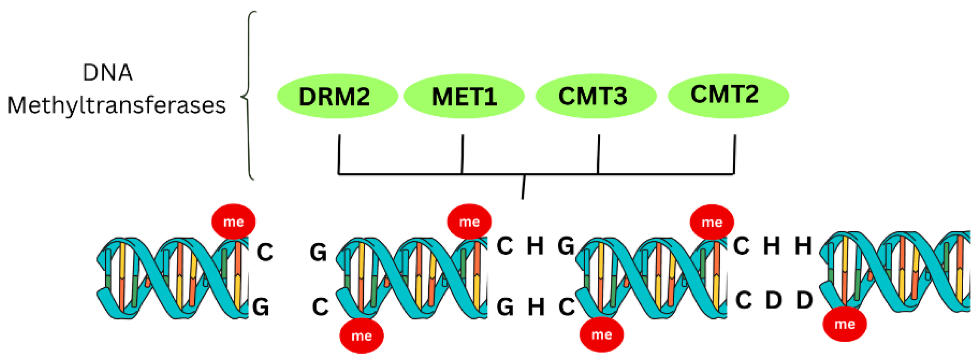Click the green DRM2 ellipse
(x=337, y=96)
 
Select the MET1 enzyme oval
(x=464, y=96)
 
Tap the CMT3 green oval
(x=595, y=96)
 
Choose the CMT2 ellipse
(x=728, y=96)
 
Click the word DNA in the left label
(x=108, y=73)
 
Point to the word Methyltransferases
(x=117, y=106)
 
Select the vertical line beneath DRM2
(x=339, y=154)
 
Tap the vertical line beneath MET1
(x=462, y=154)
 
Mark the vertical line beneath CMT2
(x=734, y=154)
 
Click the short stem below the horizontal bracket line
(x=523, y=187)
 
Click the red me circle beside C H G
(x=469, y=221)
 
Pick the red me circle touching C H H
(x=712, y=222)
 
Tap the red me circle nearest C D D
(x=844, y=324)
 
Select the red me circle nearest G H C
(x=601, y=334)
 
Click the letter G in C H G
(x=566, y=246)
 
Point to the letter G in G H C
(x=505, y=307)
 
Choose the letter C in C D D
(x=744, y=301)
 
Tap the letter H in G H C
(x=536, y=307)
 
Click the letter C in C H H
(x=741, y=246)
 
